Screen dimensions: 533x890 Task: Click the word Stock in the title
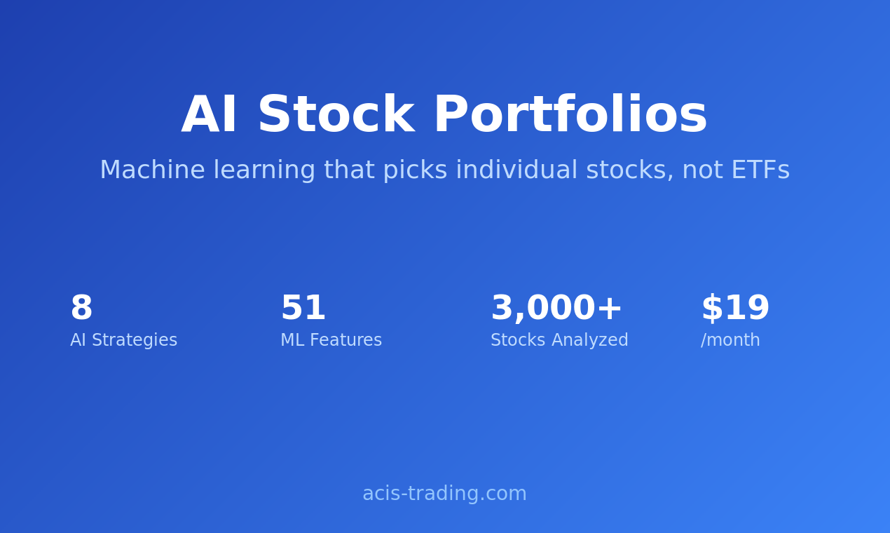tap(335, 116)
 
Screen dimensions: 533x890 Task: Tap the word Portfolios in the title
tap(570, 116)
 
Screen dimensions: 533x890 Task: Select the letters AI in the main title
tap(209, 116)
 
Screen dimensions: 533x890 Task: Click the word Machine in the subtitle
tap(152, 170)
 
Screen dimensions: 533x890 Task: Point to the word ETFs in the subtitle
tap(760, 170)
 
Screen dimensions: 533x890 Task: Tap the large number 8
tap(81, 309)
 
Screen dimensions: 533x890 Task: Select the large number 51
tap(303, 309)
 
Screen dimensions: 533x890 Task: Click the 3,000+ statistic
tap(556, 309)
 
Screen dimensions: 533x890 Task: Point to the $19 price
tap(735, 309)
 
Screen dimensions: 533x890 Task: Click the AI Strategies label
tap(123, 341)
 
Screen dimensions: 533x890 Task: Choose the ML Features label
tap(331, 341)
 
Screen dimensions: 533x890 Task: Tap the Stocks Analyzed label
tap(559, 341)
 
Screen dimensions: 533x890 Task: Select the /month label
tap(730, 341)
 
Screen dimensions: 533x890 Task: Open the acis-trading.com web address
tap(444, 494)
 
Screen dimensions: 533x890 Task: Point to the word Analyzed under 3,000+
tap(589, 341)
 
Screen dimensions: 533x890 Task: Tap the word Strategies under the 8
tap(135, 341)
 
